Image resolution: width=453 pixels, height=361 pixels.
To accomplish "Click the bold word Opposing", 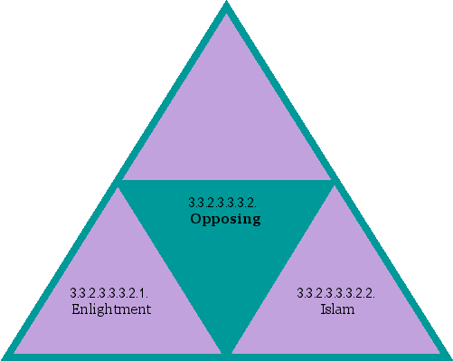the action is click(225, 219).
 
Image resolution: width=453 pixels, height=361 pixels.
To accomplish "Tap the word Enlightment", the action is click(110, 309).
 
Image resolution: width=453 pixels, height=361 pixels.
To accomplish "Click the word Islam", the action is click(336, 309).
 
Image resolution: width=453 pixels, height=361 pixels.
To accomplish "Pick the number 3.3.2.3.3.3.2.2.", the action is click(336, 293).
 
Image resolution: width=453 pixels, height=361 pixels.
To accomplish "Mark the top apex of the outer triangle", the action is click(226, 5).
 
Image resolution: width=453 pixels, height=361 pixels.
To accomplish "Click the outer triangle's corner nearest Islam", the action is click(448, 355).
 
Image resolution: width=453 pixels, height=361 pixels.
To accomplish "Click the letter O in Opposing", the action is click(195, 219).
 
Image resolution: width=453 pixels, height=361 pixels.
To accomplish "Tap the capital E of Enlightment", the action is click(76, 309).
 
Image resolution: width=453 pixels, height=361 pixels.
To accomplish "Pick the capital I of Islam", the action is click(323, 309).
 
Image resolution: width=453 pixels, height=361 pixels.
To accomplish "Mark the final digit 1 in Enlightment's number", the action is click(145, 293).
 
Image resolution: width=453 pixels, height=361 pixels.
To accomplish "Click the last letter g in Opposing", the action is click(256, 221).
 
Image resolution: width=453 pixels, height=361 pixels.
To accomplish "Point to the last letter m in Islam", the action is click(348, 310).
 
